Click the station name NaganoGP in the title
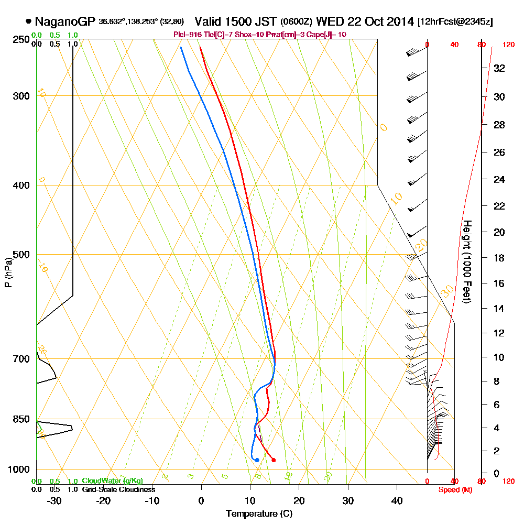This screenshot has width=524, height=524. (x=65, y=22)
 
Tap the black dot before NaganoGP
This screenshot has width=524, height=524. (x=28, y=22)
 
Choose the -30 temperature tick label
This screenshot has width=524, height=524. (x=54, y=500)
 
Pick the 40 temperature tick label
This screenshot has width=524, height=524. (x=397, y=500)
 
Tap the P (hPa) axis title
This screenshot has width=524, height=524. (x=8, y=272)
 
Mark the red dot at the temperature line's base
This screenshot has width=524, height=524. (x=274, y=460)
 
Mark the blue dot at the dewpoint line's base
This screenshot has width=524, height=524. (x=257, y=460)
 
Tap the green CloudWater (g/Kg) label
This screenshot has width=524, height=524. (x=112, y=481)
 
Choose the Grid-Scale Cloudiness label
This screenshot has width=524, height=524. (x=118, y=489)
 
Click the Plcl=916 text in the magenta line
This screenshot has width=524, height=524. (x=187, y=35)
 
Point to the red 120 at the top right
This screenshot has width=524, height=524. (x=508, y=45)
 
